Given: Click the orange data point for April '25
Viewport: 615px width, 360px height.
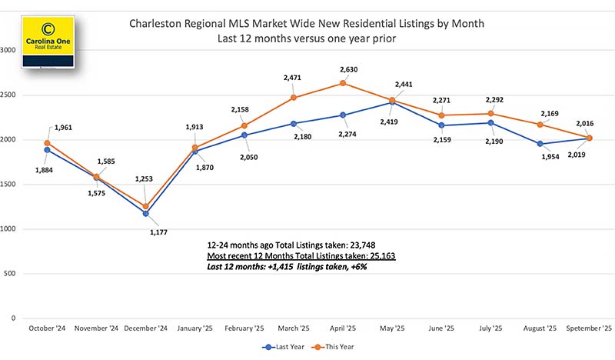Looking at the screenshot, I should (343, 83).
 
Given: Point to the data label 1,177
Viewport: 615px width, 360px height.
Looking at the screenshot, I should (158, 232).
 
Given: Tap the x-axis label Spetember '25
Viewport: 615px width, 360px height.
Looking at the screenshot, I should (590, 328).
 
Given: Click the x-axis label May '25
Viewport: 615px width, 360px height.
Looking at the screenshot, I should (392, 328).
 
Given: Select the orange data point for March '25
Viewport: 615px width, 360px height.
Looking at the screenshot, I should (293, 98).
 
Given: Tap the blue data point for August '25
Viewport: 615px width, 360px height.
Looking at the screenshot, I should (540, 144).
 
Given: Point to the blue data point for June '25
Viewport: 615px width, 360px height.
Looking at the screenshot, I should (442, 125).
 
